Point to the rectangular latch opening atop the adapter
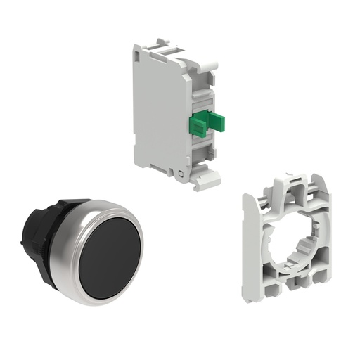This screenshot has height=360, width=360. click(x=296, y=180)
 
